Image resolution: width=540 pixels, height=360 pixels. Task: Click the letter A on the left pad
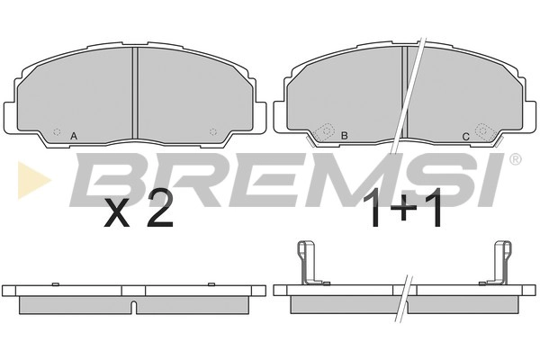[74, 137]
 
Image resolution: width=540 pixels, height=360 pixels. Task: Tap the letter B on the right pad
[344, 136]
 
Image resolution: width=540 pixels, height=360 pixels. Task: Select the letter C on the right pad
[465, 137]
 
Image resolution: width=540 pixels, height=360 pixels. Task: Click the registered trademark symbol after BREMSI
[515, 158]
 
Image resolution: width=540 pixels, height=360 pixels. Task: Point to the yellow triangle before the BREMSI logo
[32, 180]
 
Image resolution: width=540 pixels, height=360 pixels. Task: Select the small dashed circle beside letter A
[58, 131]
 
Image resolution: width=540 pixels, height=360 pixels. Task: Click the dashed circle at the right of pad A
[213, 131]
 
